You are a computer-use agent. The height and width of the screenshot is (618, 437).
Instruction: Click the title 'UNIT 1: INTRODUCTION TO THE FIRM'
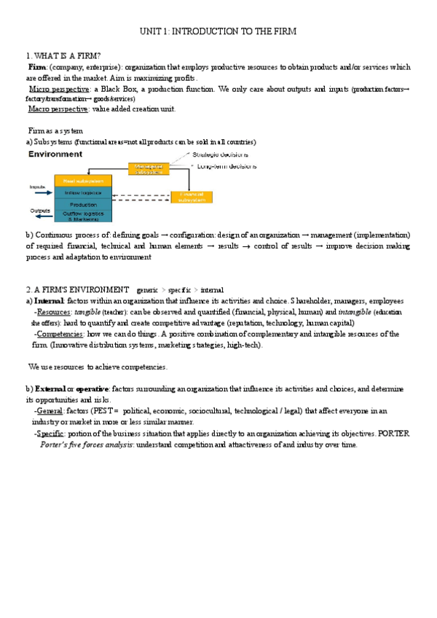pyautogui.click(x=219, y=32)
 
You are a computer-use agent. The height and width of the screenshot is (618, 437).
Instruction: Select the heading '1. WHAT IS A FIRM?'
pyautogui.click(x=63, y=56)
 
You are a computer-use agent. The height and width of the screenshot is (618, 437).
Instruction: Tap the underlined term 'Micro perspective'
pyautogui.click(x=59, y=89)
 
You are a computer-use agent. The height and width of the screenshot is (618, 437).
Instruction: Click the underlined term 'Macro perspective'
pyautogui.click(x=58, y=109)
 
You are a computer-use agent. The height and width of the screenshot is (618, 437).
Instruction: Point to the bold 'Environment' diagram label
pyautogui.click(x=55, y=154)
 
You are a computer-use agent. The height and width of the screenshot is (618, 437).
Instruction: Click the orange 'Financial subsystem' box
pyautogui.click(x=191, y=197)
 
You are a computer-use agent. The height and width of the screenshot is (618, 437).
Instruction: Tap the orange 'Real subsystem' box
pyautogui.click(x=84, y=181)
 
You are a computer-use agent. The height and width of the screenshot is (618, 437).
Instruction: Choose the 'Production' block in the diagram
pyautogui.click(x=84, y=205)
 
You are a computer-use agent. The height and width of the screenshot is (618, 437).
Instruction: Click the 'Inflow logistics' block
pyautogui.click(x=84, y=192)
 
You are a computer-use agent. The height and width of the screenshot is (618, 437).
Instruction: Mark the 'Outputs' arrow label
pyautogui.click(x=40, y=211)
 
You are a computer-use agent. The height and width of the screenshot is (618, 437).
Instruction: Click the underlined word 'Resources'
pyautogui.click(x=55, y=312)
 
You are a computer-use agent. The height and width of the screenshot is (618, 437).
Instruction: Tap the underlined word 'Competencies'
pyautogui.click(x=60, y=334)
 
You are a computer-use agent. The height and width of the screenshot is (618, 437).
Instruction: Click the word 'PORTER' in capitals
pyautogui.click(x=394, y=434)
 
